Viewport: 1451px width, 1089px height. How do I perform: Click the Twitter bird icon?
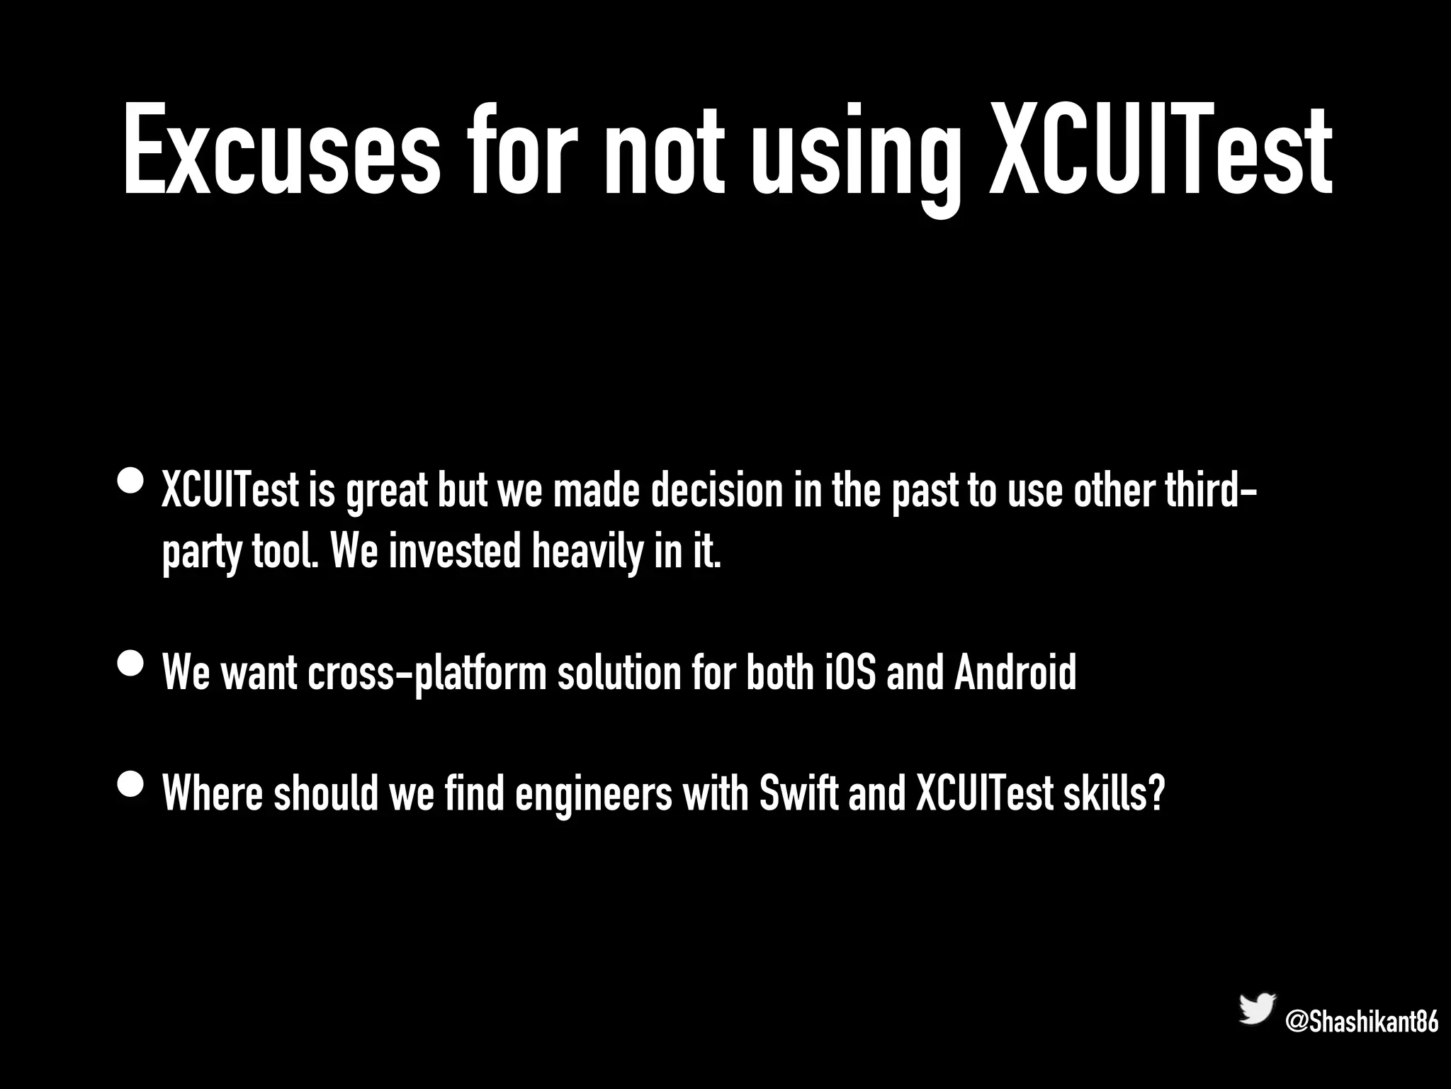point(1256,1008)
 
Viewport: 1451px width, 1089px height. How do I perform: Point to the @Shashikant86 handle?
point(1361,1022)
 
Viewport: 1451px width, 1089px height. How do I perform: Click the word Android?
point(1015,673)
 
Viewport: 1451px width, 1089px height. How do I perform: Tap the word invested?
point(455,552)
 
